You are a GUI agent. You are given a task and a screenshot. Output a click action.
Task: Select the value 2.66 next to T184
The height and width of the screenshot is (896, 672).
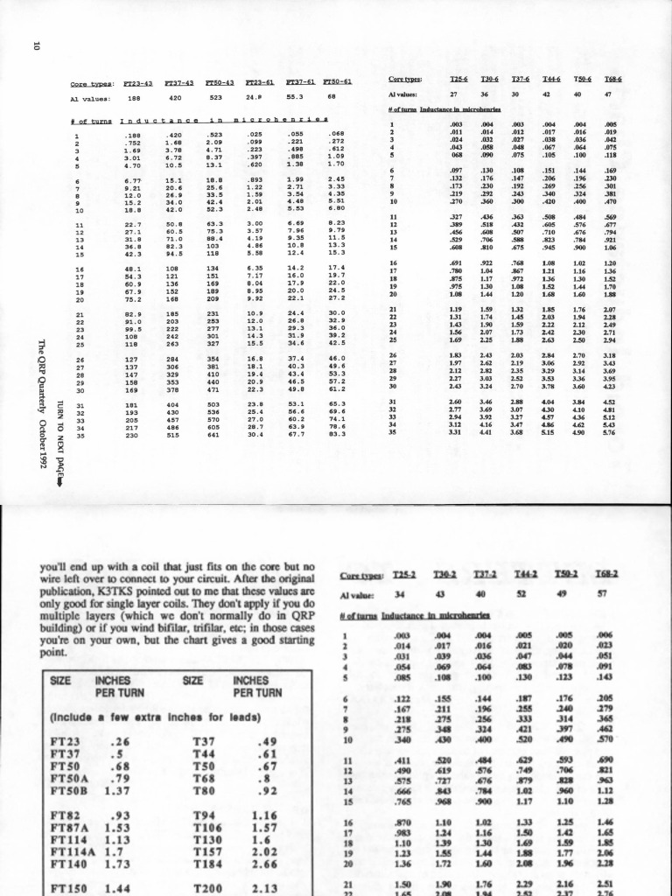click(x=264, y=863)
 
